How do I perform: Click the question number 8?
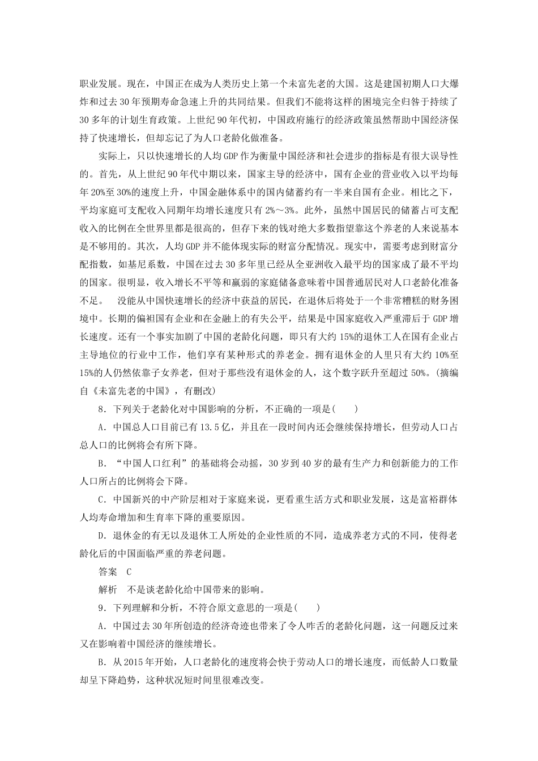click(100, 408)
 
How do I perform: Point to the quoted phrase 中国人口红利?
click(151, 464)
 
